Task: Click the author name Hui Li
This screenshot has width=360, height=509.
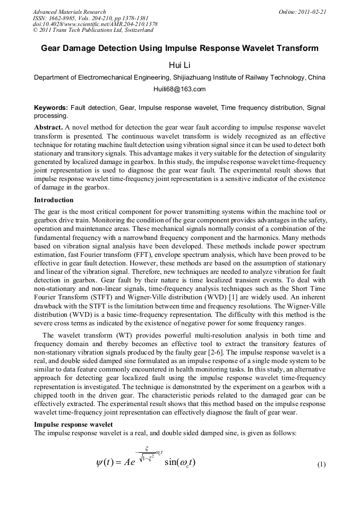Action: click(179, 65)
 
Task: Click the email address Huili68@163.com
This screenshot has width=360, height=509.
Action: click(179, 89)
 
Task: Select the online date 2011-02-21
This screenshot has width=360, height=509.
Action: click(312, 12)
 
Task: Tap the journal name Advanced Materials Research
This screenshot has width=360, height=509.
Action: click(69, 12)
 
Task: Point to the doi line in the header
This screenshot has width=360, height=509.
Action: click(95, 24)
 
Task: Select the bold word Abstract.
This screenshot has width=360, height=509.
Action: click(48, 128)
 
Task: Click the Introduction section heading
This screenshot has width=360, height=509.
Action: click(54, 200)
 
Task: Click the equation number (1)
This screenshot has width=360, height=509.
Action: click(321, 465)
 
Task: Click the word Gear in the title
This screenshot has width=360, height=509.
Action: click(52, 48)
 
